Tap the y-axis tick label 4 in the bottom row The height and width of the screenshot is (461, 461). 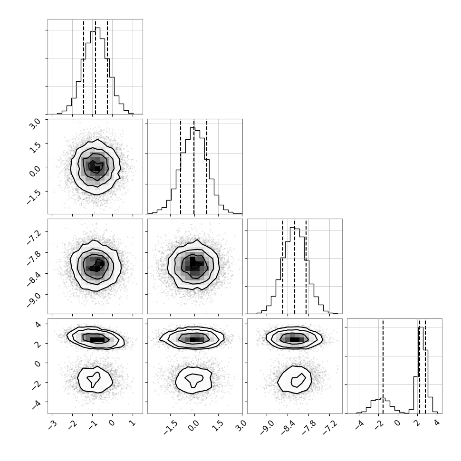[38, 324]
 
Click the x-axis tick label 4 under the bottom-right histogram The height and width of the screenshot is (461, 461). [437, 424]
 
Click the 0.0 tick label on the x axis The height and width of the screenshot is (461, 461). [194, 425]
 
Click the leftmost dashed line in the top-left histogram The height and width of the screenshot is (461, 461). [84, 67]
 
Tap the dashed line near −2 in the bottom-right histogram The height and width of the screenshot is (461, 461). [383, 366]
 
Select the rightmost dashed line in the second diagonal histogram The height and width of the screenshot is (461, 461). [207, 166]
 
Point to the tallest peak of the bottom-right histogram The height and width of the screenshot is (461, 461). [421, 327]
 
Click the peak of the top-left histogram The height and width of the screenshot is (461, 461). [98, 28]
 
